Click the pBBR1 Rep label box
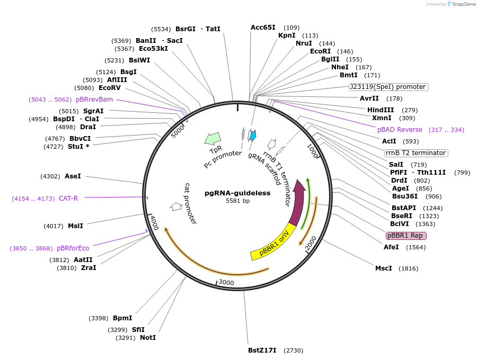[406, 236]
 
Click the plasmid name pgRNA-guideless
[237, 193]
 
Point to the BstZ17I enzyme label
[262, 350]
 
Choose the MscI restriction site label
[384, 268]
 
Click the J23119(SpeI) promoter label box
[388, 87]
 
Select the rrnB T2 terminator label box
[416, 153]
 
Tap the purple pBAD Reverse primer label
[400, 130]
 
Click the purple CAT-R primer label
[68, 199]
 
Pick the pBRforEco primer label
[73, 248]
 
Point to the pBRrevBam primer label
[94, 100]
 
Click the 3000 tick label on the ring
[226, 283]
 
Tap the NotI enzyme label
[148, 338]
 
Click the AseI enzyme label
[73, 176]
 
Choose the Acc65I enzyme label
[263, 28]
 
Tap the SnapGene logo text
[464, 4]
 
